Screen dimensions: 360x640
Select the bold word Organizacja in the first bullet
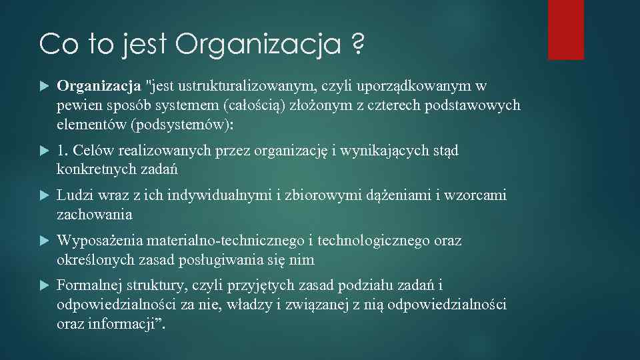pyautogui.click(x=99, y=86)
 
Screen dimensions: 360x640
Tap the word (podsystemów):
pyautogui.click(x=187, y=125)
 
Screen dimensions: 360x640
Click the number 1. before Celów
pyautogui.click(x=64, y=151)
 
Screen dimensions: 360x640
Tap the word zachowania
pyautogui.click(x=95, y=215)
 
